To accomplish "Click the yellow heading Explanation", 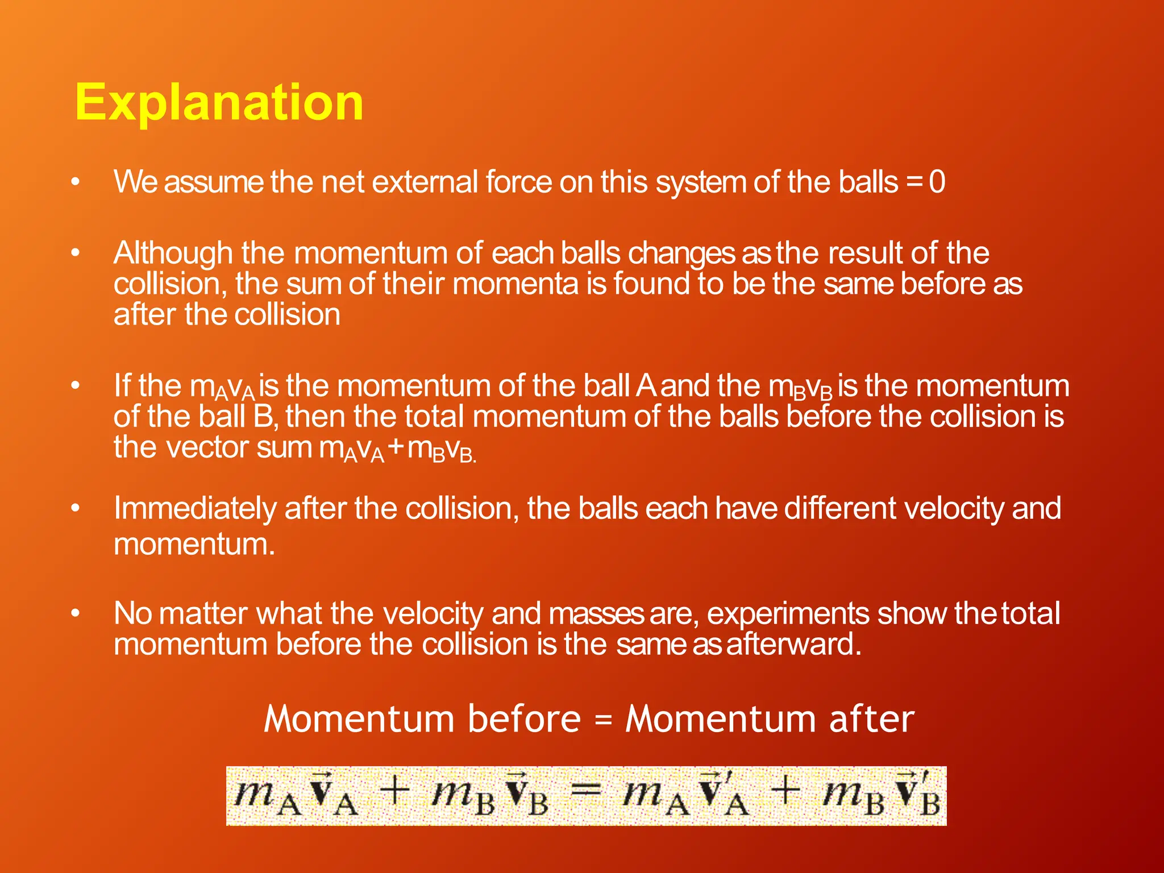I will [219, 102].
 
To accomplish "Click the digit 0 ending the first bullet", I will [937, 182].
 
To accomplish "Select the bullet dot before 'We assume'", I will [76, 182].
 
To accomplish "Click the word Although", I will [173, 253].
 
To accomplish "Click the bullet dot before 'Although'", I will [76, 253].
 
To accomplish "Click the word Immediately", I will [194, 509].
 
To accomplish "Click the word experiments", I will [788, 614].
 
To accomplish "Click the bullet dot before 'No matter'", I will [76, 614].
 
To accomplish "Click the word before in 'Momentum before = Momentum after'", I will [524, 719].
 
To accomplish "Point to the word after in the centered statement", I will [872, 719].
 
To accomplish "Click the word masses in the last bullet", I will [596, 614].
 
